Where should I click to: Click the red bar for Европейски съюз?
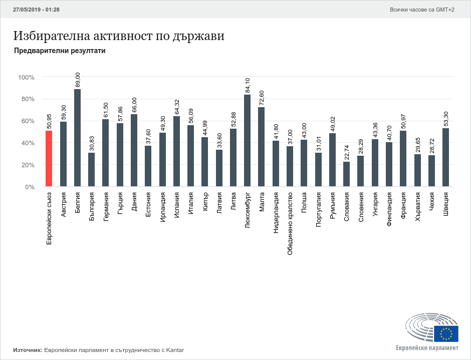click(x=49, y=158)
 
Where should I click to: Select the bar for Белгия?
click(x=77, y=138)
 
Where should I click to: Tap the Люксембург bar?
click(x=247, y=140)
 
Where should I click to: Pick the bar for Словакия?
click(x=346, y=174)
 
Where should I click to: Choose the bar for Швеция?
click(x=445, y=157)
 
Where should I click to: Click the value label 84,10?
click(x=247, y=85)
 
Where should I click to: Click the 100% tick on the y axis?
click(x=26, y=77)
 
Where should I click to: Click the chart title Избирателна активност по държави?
click(x=119, y=36)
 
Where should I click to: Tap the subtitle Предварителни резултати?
click(x=60, y=51)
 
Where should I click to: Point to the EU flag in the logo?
click(x=446, y=333)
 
